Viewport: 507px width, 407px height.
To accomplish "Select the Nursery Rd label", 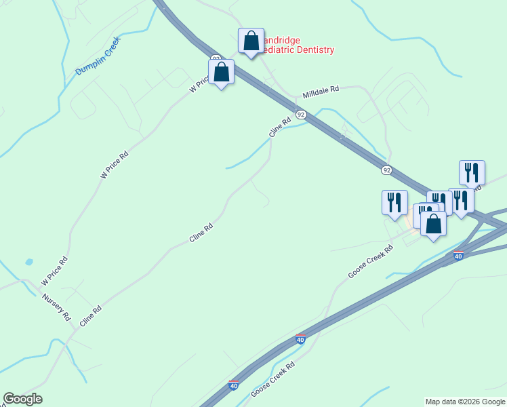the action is coord(56,307).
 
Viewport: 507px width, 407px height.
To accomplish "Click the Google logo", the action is coord(22,399).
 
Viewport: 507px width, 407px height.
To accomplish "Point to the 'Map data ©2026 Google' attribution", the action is coord(465,402).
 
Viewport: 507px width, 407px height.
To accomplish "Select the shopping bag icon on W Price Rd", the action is coord(221,71).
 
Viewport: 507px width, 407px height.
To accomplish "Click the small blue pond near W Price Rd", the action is coord(28,261).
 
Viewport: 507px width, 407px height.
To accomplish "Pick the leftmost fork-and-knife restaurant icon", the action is coord(394,201).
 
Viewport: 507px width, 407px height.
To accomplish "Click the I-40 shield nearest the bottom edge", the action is coord(233,385).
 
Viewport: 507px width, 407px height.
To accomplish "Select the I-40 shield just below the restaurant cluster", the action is coord(459,256).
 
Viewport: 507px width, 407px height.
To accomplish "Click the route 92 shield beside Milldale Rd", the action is coord(301,115).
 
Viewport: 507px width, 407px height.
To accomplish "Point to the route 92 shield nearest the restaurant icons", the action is coord(386,170).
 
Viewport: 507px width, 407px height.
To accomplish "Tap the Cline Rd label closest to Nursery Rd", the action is coord(90,317).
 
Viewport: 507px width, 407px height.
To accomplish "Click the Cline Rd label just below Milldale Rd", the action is coord(280,128).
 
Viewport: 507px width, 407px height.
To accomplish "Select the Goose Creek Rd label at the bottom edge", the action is coord(272,379).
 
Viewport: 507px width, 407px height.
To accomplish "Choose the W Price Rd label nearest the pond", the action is coord(54,270).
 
